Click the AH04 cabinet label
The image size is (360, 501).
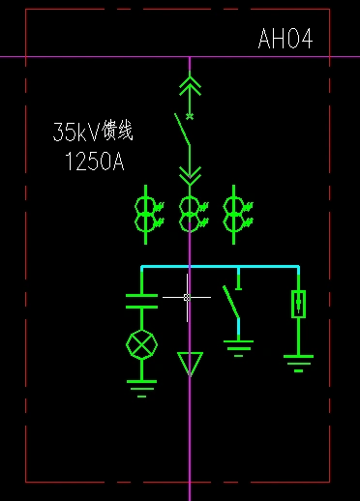pyautogui.click(x=285, y=40)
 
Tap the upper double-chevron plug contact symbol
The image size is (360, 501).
pyautogui.click(x=190, y=88)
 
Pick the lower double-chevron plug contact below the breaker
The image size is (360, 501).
pyautogui.click(x=190, y=174)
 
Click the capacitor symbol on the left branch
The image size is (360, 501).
pyautogui.click(x=142, y=300)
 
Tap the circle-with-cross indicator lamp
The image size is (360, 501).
pyautogui.click(x=142, y=344)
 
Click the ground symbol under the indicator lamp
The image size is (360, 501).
pyautogui.click(x=142, y=389)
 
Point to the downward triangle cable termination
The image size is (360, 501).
pyautogui.click(x=190, y=364)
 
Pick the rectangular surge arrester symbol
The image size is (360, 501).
pyautogui.click(x=299, y=305)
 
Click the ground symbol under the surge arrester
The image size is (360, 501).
pyautogui.click(x=299, y=362)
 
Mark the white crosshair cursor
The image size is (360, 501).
pyautogui.click(x=187, y=297)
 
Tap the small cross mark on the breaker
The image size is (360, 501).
pyautogui.click(x=190, y=116)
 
